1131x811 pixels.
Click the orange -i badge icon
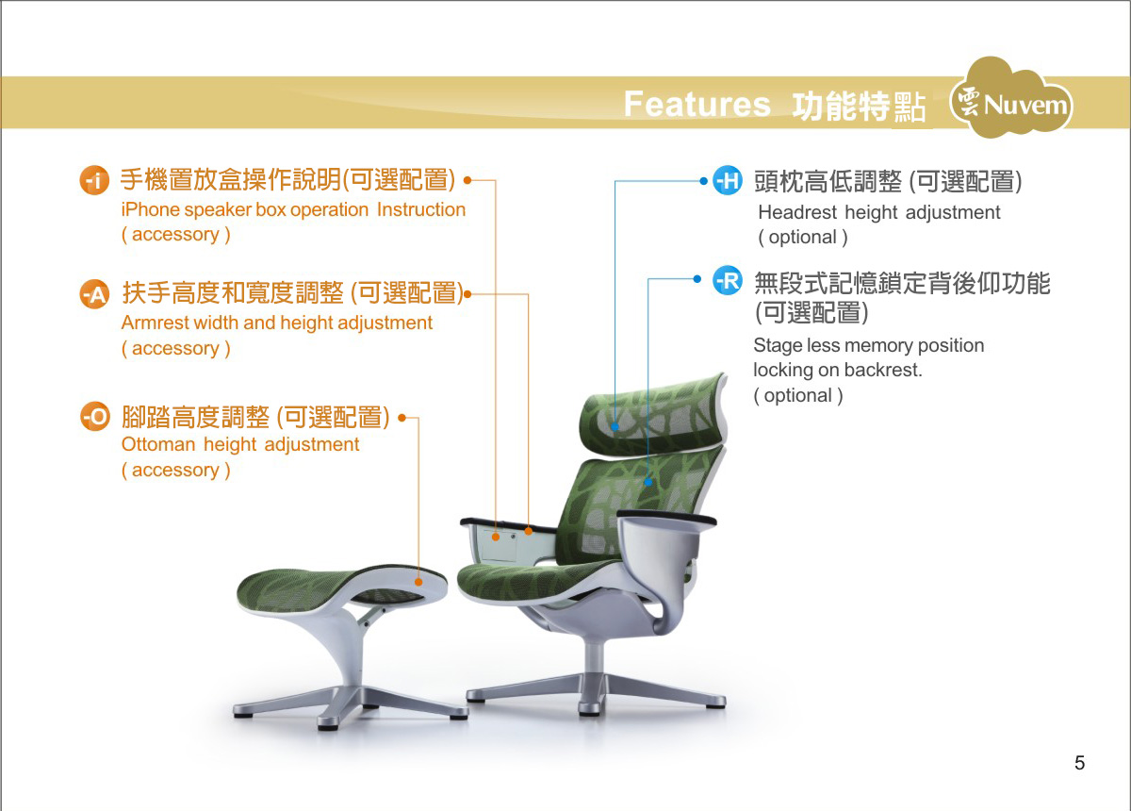(94, 180)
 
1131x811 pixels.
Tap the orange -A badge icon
(94, 293)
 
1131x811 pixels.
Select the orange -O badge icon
(95, 417)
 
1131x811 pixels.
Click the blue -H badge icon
(728, 180)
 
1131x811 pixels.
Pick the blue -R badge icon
(728, 280)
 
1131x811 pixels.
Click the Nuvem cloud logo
(1011, 97)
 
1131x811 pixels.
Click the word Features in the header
(697, 104)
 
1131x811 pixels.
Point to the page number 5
(1079, 763)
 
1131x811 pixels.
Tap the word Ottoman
(158, 445)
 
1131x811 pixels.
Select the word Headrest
(797, 212)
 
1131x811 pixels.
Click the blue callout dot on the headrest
(615, 426)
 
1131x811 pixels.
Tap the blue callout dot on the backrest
(648, 482)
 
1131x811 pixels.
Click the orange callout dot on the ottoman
(418, 582)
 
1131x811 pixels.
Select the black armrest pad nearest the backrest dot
(666, 518)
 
